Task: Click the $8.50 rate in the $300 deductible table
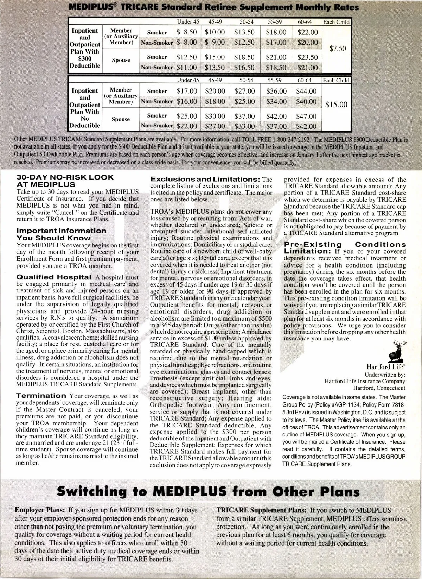click(x=186, y=32)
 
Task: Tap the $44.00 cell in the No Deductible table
click(x=306, y=91)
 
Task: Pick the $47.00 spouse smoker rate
click(x=306, y=116)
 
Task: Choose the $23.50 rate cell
click(x=307, y=57)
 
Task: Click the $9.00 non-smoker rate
click(x=215, y=43)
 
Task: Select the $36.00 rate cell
click(x=276, y=91)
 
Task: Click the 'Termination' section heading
click(x=41, y=396)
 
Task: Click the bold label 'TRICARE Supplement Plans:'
click(x=262, y=510)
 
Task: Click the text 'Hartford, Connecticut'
click(x=379, y=388)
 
